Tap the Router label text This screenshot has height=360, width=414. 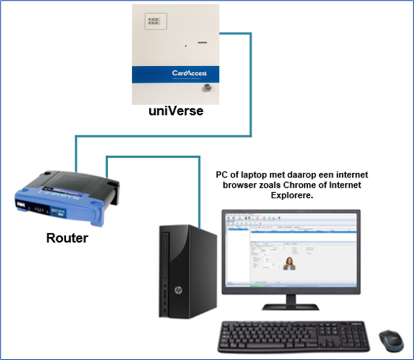point(67,237)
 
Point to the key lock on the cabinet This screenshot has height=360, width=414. point(205,89)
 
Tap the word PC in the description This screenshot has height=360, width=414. point(221,175)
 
